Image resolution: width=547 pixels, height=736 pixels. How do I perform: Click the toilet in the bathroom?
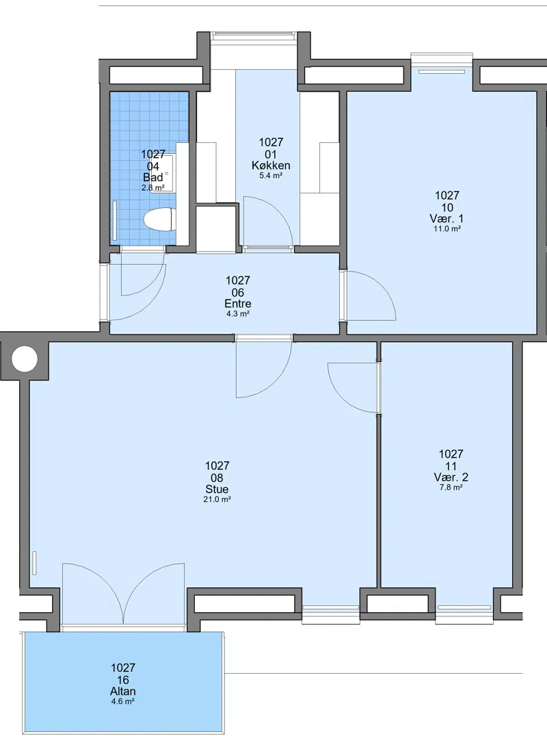159,220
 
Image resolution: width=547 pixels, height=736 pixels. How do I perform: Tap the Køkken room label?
271,166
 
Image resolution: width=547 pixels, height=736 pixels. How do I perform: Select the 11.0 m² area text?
446,229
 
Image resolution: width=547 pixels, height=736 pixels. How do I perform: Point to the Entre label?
238,304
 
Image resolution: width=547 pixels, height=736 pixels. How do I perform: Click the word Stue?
217,489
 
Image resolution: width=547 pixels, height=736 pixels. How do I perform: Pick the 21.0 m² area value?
217,500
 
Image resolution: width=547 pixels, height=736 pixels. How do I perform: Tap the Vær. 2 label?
451,477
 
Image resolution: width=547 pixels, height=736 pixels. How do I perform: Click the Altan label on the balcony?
123,692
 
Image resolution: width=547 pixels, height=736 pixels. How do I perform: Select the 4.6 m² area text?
123,702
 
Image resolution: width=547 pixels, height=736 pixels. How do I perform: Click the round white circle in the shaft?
25,359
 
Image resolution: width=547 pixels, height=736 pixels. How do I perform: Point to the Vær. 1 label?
446,219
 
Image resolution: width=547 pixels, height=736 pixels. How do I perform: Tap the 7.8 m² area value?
451,488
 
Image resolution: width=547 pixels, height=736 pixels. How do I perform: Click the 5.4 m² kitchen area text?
271,176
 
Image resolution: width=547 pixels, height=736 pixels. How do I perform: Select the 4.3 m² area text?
238,314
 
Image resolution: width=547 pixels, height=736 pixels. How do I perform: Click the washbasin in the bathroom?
169,173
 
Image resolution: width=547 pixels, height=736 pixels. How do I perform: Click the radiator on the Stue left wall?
34,563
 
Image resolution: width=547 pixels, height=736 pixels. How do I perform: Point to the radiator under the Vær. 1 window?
442,72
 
